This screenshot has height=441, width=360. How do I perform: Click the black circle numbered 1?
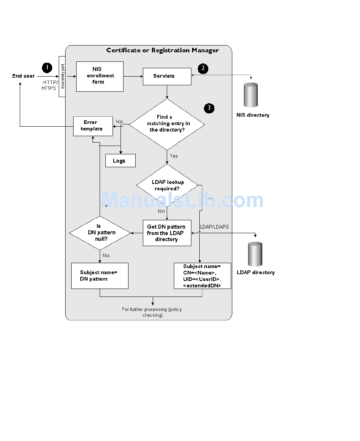point(47,68)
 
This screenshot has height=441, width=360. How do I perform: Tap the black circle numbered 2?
point(203,68)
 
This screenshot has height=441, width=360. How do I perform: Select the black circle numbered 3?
point(209,108)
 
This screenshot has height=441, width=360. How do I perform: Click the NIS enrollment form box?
point(100,76)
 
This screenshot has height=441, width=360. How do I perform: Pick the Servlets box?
point(167,76)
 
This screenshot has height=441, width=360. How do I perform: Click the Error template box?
point(93,126)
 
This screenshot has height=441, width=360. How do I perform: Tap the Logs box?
point(120,161)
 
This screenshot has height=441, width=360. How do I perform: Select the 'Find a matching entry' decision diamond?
point(167,124)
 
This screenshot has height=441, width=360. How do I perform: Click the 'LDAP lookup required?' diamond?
point(167,185)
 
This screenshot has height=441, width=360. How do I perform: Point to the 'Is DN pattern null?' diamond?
point(100,232)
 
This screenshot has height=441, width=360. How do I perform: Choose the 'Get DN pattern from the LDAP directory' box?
point(167,233)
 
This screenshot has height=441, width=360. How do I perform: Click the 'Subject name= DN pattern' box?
point(100,276)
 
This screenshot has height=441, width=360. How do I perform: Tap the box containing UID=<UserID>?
point(202,276)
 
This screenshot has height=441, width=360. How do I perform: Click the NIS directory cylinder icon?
point(251,95)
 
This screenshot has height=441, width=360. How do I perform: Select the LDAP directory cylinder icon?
point(255,254)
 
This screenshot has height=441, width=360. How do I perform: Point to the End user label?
point(23,76)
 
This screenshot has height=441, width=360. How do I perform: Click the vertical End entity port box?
point(63,76)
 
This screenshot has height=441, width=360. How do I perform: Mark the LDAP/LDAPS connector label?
point(214,227)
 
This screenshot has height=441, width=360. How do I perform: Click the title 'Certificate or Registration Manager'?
point(162,50)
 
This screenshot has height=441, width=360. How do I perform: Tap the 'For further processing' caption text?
point(152,312)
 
